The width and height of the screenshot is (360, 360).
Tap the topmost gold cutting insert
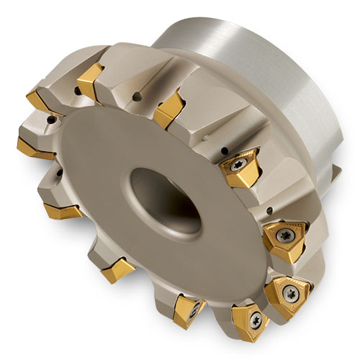(x=91, y=80)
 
